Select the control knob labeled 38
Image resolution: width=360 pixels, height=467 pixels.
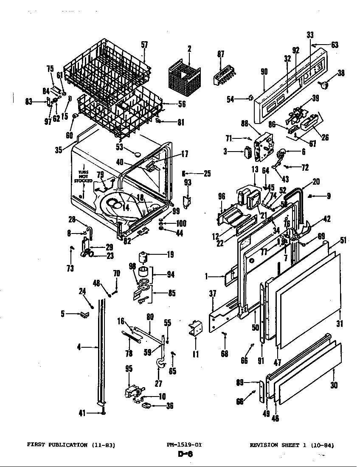click(326, 86)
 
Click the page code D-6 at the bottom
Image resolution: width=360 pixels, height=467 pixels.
click(185, 454)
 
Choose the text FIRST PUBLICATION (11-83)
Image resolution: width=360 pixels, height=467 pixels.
click(71, 445)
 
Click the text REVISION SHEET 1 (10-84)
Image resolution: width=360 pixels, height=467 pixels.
click(292, 445)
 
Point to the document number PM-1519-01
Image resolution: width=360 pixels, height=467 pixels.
click(184, 445)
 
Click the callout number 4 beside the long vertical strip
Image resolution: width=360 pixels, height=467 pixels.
click(79, 347)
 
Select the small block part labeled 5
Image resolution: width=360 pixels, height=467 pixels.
click(84, 314)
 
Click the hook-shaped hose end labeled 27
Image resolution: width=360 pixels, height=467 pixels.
click(160, 363)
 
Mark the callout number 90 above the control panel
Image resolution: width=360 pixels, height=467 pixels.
click(264, 72)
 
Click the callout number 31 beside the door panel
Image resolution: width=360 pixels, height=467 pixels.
click(339, 324)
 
